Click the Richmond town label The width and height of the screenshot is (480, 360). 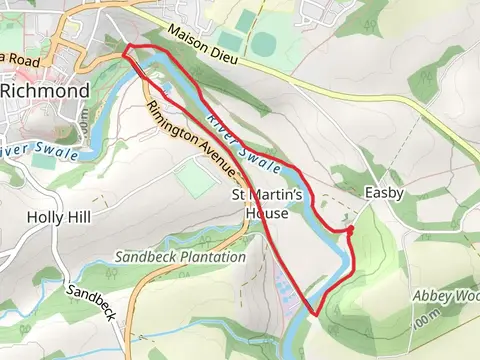point(45,90)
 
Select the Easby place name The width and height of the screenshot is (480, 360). point(384,191)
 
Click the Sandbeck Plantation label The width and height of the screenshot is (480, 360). point(180,257)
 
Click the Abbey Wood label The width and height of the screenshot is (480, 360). point(446,296)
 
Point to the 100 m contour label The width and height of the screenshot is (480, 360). point(429,322)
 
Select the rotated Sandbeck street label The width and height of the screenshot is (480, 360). point(93,303)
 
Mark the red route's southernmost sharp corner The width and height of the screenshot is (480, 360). point(316,315)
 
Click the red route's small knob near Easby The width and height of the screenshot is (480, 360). point(350,229)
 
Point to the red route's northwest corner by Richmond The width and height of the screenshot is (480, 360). point(126,48)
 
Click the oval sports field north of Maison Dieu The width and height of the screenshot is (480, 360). point(265,45)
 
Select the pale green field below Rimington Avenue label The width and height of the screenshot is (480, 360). point(196,179)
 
